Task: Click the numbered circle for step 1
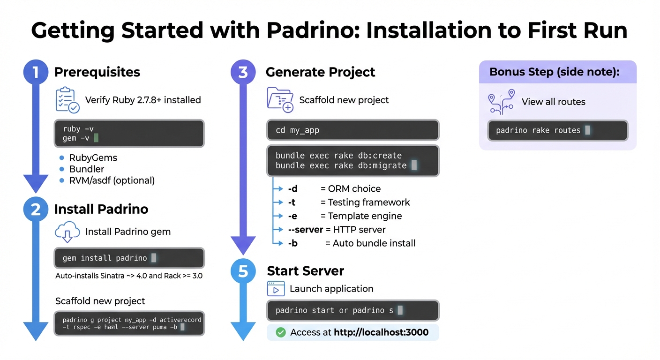click(x=36, y=72)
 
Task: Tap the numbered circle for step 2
click(x=36, y=210)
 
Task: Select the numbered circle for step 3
click(x=243, y=72)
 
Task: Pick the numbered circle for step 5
click(x=243, y=271)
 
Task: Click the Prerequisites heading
click(x=97, y=72)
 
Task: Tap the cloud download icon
click(x=67, y=232)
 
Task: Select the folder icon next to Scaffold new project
click(x=280, y=99)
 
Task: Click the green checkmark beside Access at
click(x=281, y=332)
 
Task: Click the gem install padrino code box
click(x=129, y=258)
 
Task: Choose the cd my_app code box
click(x=352, y=130)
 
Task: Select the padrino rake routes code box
click(x=558, y=130)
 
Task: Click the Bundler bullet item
click(x=86, y=169)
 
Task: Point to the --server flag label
click(x=305, y=230)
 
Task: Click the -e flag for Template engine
click(x=292, y=216)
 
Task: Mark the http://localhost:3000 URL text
click(x=381, y=332)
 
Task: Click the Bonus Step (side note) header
click(x=554, y=72)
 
